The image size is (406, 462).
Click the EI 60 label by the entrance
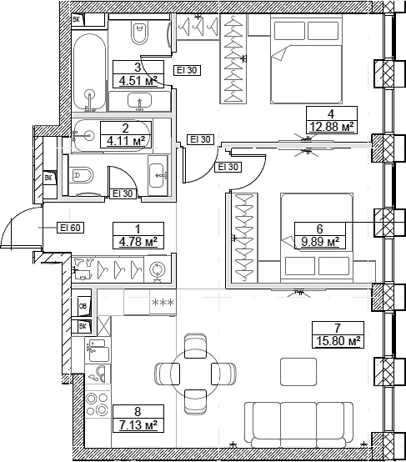click(69, 226)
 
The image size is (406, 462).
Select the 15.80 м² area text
click(337, 341)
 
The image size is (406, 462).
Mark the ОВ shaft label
click(83, 305)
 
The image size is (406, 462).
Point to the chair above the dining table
click(193, 342)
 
